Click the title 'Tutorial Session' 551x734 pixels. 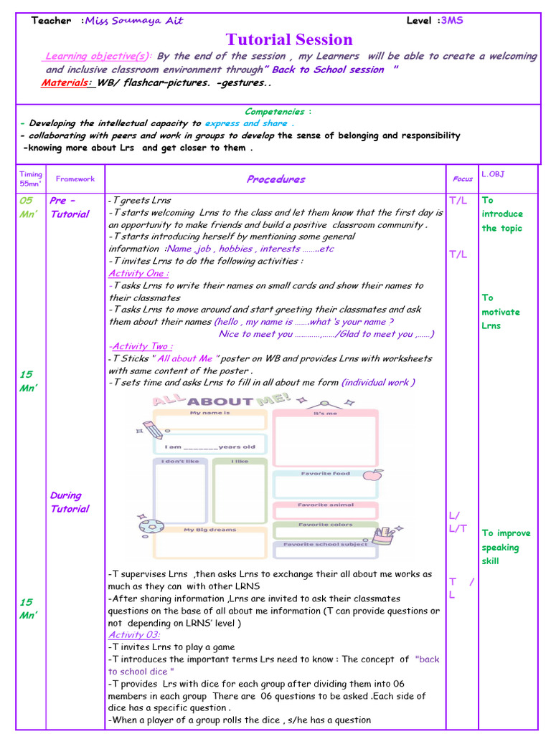(289, 40)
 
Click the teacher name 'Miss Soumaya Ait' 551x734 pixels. (134, 21)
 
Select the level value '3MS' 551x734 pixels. (452, 21)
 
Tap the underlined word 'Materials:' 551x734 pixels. (66, 83)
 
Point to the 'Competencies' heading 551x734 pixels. (275, 111)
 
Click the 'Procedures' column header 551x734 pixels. (275, 179)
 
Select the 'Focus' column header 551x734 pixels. (463, 179)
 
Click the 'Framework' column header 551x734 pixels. (75, 179)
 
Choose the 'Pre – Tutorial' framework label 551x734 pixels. (70, 207)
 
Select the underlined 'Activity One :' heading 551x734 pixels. (138, 273)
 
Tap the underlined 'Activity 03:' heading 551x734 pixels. (134, 634)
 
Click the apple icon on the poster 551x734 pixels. (372, 475)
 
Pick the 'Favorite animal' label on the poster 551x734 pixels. (325, 505)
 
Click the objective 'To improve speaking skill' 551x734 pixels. (506, 547)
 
